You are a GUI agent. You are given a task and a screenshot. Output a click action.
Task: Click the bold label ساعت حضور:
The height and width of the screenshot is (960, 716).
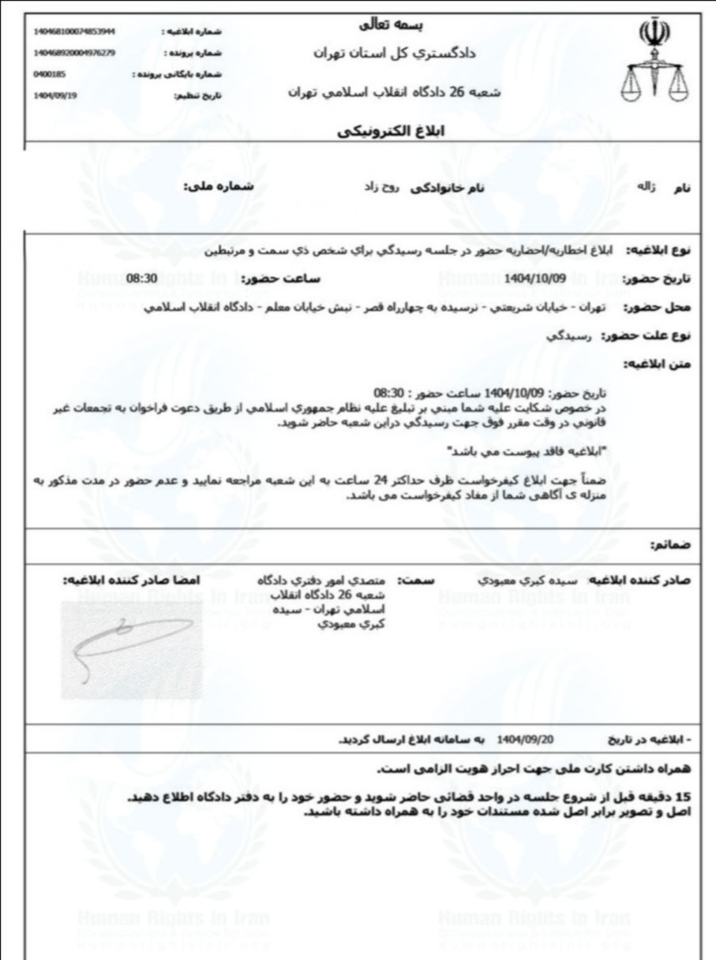pos(272,279)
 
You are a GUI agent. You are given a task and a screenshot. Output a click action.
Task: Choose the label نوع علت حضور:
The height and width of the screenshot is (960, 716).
pos(646,335)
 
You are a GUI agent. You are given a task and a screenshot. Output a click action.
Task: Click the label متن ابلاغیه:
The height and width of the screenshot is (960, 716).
pos(658,363)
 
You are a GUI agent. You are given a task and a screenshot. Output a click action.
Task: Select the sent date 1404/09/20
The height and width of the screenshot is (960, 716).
pos(522,741)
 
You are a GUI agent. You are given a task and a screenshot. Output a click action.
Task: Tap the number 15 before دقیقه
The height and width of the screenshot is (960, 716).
pos(684,797)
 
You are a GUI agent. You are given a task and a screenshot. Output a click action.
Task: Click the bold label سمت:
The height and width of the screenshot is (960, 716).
pos(411,580)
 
